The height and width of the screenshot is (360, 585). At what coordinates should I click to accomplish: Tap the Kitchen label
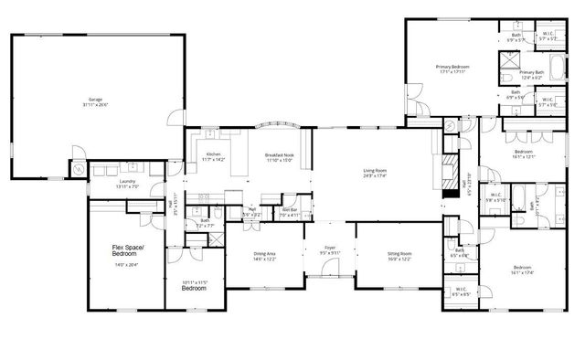click(x=213, y=154)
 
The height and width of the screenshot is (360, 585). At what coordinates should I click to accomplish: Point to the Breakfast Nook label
click(x=278, y=154)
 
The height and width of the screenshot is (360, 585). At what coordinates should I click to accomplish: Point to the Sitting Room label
click(x=399, y=256)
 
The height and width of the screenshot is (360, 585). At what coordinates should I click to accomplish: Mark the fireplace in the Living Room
click(x=448, y=173)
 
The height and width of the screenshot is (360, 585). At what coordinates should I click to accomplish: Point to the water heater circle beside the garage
click(x=79, y=170)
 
